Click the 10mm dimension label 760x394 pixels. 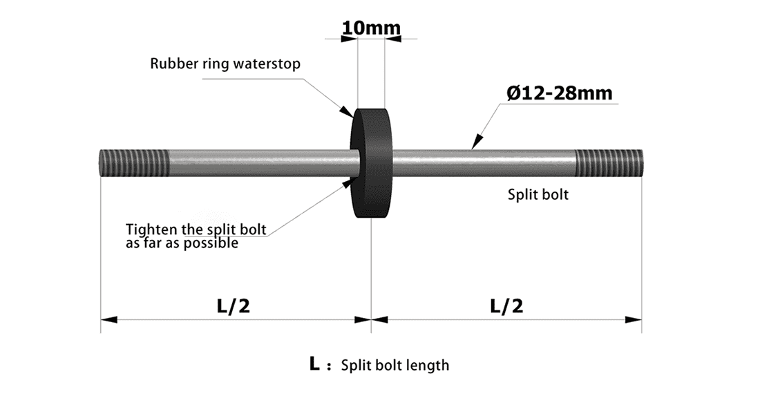click(x=371, y=28)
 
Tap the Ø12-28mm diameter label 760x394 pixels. click(x=559, y=93)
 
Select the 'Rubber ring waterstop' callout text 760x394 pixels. click(x=225, y=64)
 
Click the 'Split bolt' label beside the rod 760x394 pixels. click(x=538, y=194)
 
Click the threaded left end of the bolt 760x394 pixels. click(x=133, y=162)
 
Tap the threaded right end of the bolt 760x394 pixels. click(x=609, y=162)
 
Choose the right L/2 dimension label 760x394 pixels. click(x=506, y=306)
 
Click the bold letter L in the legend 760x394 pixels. click(x=314, y=364)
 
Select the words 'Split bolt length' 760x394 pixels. click(x=395, y=365)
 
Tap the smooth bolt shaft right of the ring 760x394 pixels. click(x=484, y=162)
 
